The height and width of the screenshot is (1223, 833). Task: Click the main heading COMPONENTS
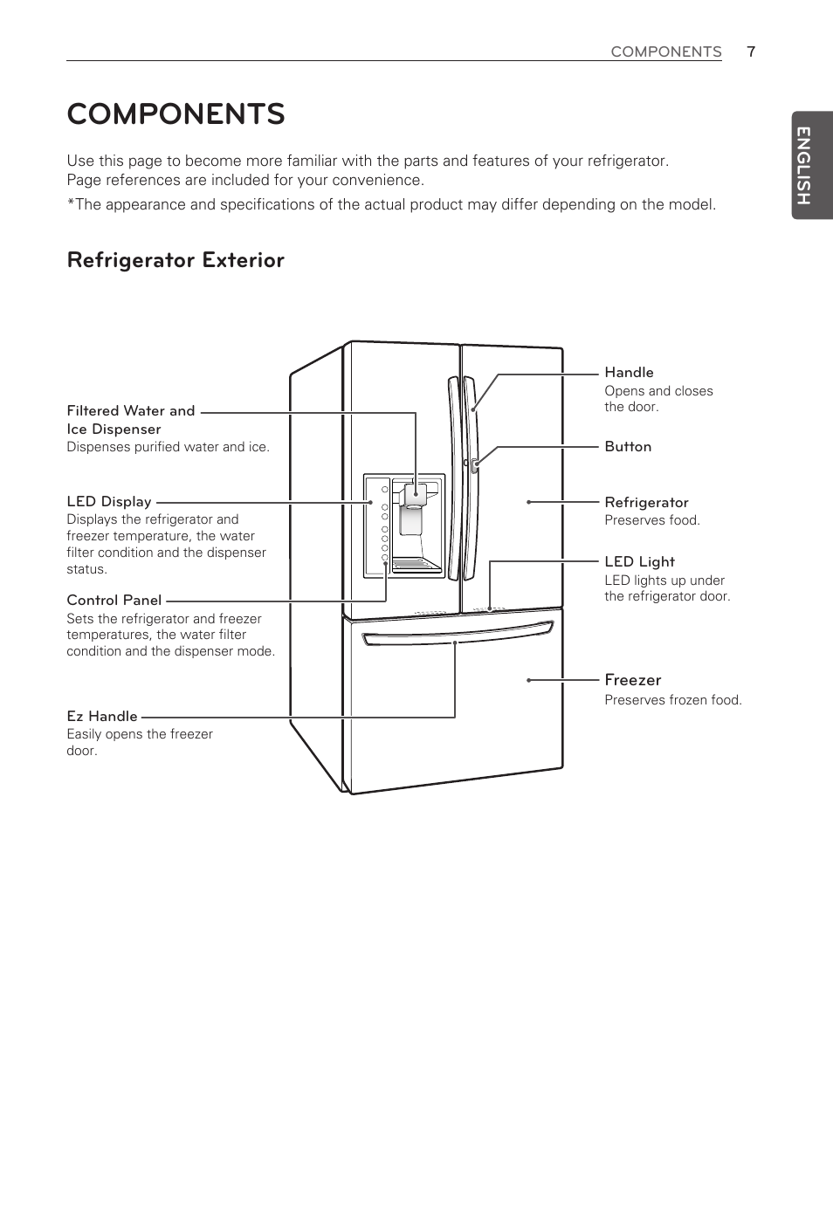[x=176, y=114]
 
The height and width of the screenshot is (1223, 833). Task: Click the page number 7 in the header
[x=751, y=52]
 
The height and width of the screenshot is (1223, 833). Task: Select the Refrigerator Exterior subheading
[x=176, y=260]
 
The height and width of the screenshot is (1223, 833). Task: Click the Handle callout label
[x=629, y=373]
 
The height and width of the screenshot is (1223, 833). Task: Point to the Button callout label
[x=628, y=447]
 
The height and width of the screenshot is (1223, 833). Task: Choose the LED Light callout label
[x=639, y=562]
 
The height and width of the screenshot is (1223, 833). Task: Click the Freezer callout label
[x=632, y=680]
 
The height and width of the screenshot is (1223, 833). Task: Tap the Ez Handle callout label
[x=101, y=717]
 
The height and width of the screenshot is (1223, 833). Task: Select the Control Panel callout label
[x=114, y=601]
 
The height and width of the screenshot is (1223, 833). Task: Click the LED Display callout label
[x=109, y=502]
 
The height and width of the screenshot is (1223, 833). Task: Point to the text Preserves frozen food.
[x=673, y=700]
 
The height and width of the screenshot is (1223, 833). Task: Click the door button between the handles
[x=474, y=466]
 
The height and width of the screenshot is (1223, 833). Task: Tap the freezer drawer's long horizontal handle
[x=457, y=636]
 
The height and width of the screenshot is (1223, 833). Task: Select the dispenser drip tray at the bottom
[x=416, y=565]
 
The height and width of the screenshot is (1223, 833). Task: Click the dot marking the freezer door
[x=529, y=680]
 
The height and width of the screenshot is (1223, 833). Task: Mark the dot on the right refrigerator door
[x=529, y=502]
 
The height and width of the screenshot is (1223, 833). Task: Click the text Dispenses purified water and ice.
[x=168, y=447]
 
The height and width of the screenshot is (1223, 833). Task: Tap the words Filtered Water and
[x=131, y=411]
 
